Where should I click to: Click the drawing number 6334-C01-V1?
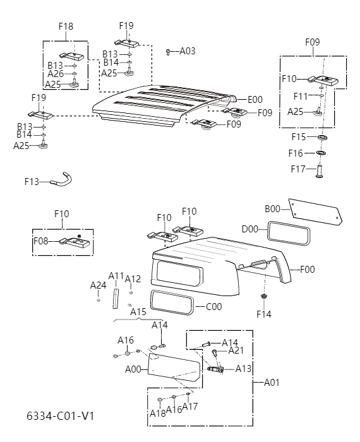click(x=60, y=416)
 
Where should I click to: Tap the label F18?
click(x=66, y=27)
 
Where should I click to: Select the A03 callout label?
click(x=188, y=51)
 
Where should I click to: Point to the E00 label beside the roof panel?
click(x=255, y=99)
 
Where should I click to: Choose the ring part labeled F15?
click(x=321, y=137)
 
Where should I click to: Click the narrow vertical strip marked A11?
click(x=116, y=297)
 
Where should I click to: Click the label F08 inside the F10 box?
click(x=41, y=241)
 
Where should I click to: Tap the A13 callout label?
click(x=244, y=369)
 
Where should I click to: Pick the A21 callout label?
click(x=236, y=350)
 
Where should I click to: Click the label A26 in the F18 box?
click(x=55, y=74)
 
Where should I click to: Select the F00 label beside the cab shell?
click(x=308, y=270)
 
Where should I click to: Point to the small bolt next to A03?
click(x=169, y=52)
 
